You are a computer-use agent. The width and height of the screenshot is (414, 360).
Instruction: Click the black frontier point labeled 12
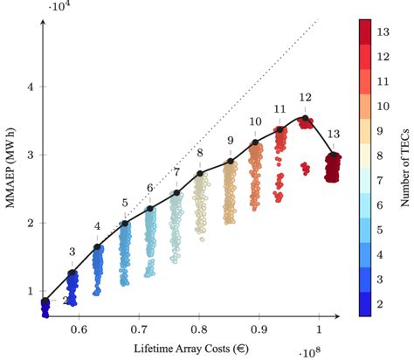pyautogui.click(x=305, y=117)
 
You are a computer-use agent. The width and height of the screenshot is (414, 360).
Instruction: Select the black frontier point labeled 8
pyautogui.click(x=200, y=173)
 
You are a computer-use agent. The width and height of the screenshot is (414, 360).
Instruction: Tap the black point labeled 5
pyautogui.click(x=125, y=223)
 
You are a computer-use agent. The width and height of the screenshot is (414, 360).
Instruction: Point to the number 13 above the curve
pyautogui.click(x=333, y=133)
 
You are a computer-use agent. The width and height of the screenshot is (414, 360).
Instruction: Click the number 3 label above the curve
pyautogui.click(x=72, y=253)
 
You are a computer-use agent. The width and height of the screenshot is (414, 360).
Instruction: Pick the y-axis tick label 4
pyautogui.click(x=31, y=87)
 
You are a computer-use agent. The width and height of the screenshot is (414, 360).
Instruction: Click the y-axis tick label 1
pyautogui.click(x=31, y=290)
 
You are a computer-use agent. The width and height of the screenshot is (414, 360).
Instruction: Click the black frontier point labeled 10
pyautogui.click(x=255, y=142)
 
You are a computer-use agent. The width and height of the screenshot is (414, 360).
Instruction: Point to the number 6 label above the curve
pyautogui.click(x=150, y=188)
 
